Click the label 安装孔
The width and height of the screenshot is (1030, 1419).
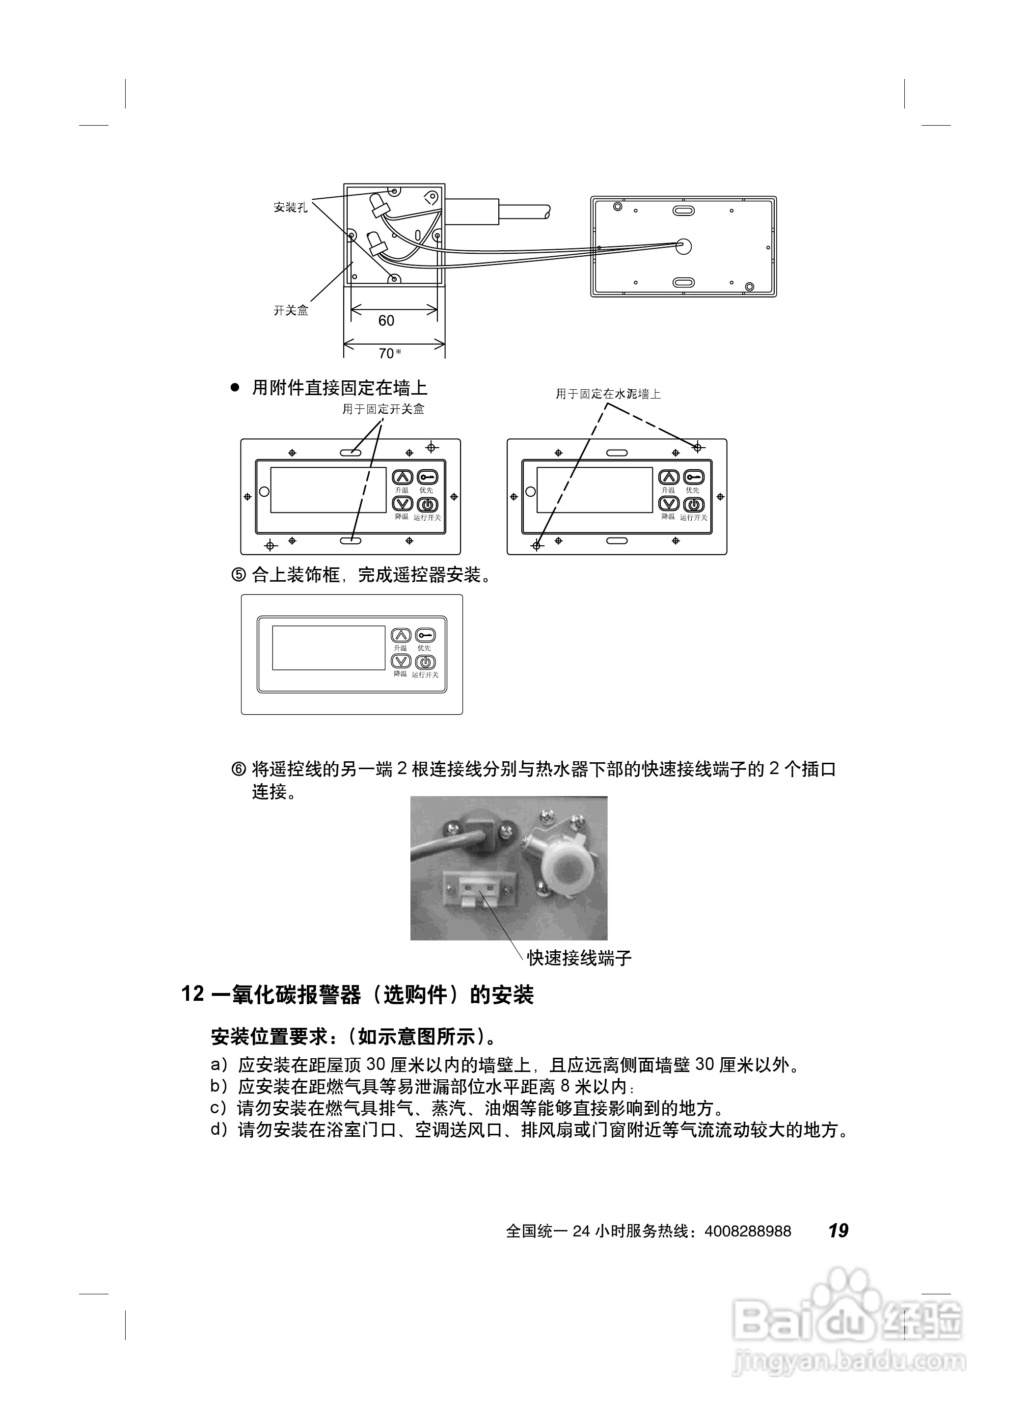[290, 207]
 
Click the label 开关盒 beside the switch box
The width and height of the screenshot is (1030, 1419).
[291, 310]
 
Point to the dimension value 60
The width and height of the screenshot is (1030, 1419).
[386, 321]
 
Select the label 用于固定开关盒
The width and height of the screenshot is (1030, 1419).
[383, 409]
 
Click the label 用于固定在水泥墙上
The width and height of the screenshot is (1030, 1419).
[608, 394]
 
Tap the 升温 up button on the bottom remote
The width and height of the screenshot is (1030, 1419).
[401, 636]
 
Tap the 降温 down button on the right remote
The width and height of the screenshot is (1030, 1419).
[669, 504]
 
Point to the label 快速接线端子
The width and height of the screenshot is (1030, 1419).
[579, 958]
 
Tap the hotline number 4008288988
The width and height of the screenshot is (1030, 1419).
[748, 1232]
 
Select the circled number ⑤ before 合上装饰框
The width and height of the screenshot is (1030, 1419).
[239, 574]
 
